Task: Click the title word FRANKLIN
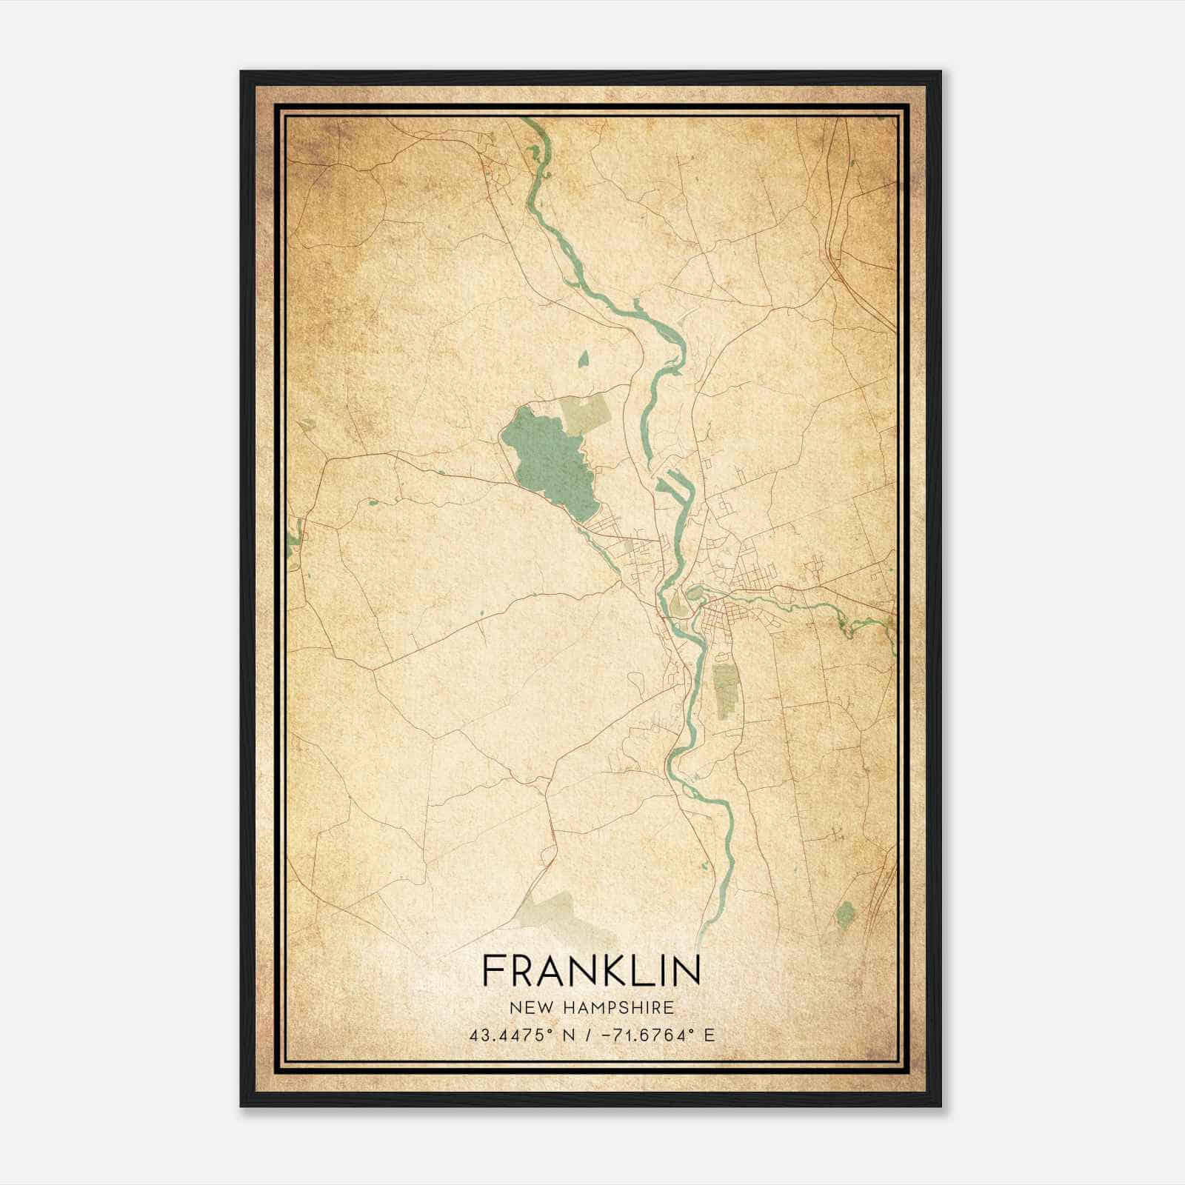click(x=591, y=970)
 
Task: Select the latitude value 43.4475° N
click(x=516, y=1035)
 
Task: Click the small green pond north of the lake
click(x=584, y=361)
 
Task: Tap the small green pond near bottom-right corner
click(x=845, y=915)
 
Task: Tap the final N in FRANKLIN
click(x=689, y=970)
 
